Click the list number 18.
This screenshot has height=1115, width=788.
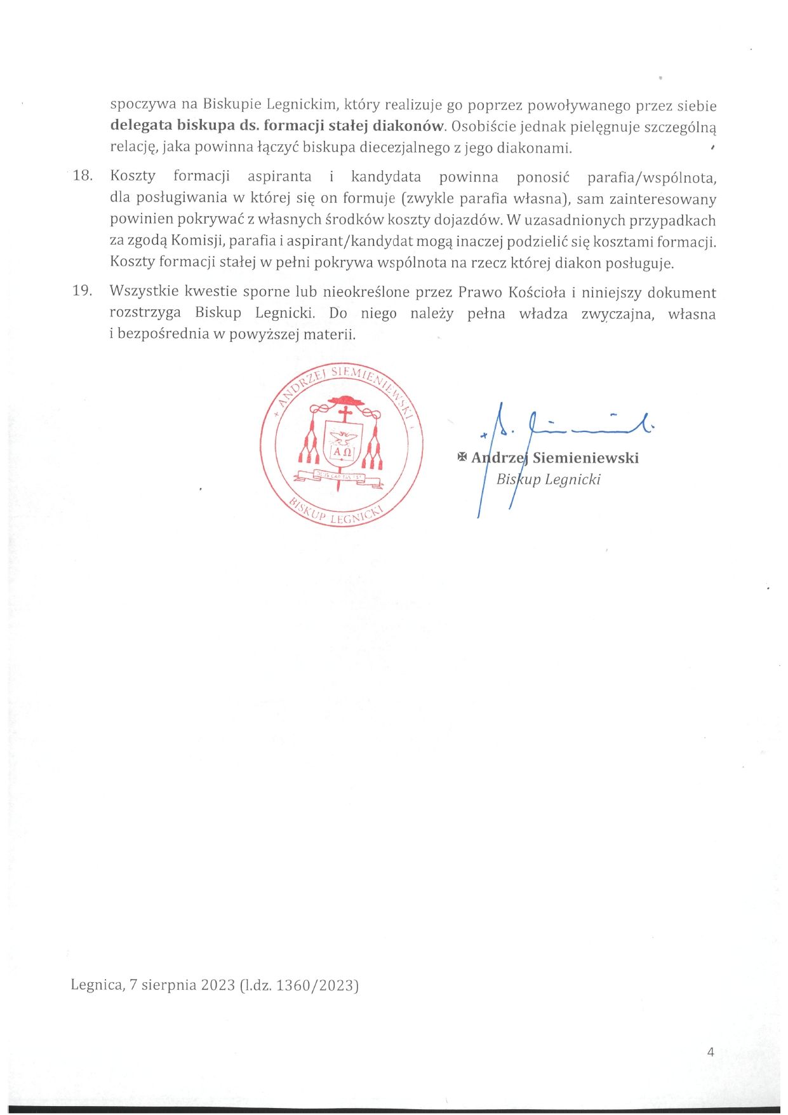click(x=83, y=176)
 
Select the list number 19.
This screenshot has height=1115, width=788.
click(x=83, y=291)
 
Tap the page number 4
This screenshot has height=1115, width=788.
click(x=711, y=1051)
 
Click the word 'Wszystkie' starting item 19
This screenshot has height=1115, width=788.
click(x=143, y=292)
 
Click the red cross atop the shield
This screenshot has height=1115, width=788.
click(x=345, y=414)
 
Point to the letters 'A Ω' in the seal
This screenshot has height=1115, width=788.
click(x=343, y=452)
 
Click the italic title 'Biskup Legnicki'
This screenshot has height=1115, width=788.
click(x=548, y=479)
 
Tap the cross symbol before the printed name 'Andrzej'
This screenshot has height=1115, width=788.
click(x=462, y=457)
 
